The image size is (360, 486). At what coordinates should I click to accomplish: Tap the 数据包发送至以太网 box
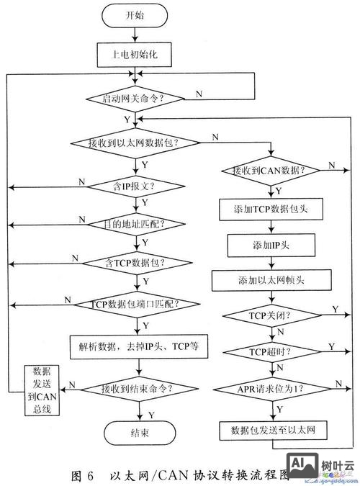point(273,431)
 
